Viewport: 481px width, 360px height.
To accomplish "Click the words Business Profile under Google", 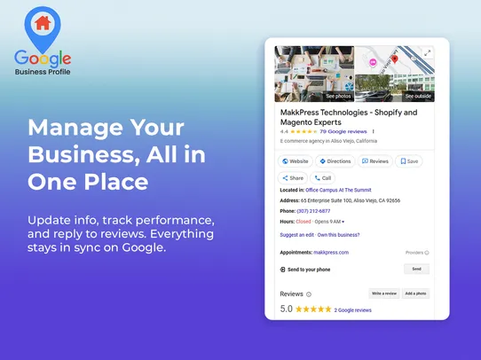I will click(43, 72).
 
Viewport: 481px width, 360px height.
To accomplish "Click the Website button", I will click(296, 161).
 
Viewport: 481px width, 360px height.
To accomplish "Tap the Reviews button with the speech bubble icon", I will click(375, 161).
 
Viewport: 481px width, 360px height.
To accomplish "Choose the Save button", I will click(409, 161).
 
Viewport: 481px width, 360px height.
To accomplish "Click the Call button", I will click(322, 177).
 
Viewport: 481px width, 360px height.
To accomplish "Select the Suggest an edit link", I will click(297, 235).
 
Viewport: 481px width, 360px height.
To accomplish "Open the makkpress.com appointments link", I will click(331, 252).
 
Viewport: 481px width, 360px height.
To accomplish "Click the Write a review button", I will click(383, 293).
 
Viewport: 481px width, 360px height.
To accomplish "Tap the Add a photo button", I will click(416, 293).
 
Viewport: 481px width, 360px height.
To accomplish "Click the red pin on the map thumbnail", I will click(394, 59).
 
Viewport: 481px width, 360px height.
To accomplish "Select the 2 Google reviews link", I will click(353, 310).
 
